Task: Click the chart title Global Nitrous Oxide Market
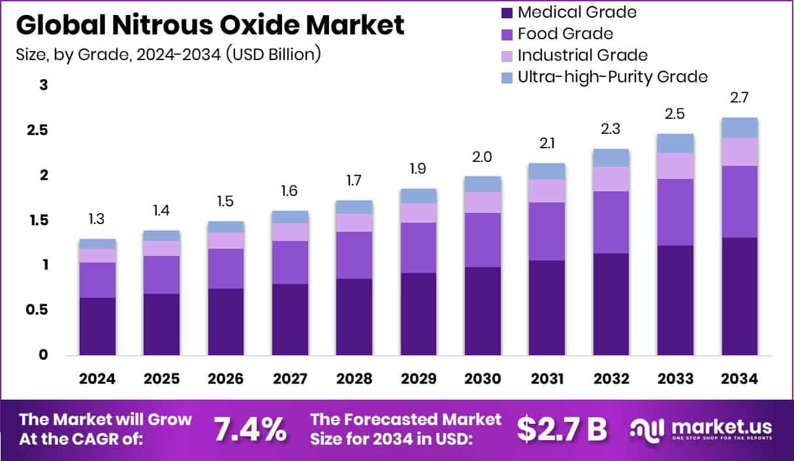[x=210, y=25]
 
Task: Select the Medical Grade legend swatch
[x=507, y=12]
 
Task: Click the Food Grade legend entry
[x=565, y=33]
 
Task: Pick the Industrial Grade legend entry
[x=582, y=55]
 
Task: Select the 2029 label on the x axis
[x=419, y=379]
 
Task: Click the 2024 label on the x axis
[x=97, y=379]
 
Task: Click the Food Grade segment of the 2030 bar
[x=483, y=240]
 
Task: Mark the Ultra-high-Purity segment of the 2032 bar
[x=611, y=157]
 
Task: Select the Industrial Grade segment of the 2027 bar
[x=290, y=232]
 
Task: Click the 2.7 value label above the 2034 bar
[x=739, y=98]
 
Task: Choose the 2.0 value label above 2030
[x=483, y=157]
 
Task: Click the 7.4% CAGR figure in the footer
[x=249, y=428]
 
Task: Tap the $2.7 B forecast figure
[x=562, y=428]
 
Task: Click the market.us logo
[x=701, y=430]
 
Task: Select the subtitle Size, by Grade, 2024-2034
[x=168, y=54]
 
